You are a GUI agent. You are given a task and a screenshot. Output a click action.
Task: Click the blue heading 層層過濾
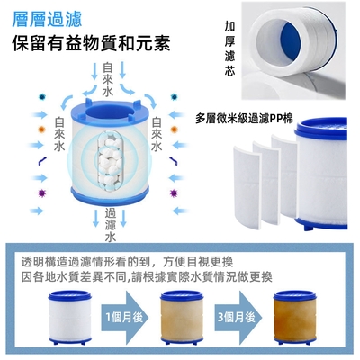click(47, 19)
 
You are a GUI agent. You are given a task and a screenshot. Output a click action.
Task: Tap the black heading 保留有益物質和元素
click(91, 43)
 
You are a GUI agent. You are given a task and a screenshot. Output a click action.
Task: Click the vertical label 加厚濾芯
click(229, 48)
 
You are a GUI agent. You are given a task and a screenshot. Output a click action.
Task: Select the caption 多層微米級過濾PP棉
click(244, 119)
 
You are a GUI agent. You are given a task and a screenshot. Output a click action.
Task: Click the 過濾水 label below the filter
click(111, 225)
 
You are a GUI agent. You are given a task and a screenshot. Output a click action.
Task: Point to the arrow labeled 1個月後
click(125, 317)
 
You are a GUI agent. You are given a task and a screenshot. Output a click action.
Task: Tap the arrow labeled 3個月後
click(238, 317)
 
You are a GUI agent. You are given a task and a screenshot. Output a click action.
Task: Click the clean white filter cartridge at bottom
click(70, 317)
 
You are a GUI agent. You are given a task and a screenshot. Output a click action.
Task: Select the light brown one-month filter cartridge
click(182, 317)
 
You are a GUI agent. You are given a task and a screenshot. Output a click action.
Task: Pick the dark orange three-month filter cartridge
click(295, 317)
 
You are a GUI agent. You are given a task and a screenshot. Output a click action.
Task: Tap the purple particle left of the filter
click(41, 193)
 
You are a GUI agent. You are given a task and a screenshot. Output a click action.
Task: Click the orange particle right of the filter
click(174, 130)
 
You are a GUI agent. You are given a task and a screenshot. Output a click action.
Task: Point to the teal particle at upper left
click(41, 96)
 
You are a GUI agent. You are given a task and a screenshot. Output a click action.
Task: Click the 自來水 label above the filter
click(108, 79)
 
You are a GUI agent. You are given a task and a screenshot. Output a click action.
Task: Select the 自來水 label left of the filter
click(59, 134)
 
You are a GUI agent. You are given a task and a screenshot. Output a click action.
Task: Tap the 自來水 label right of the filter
click(157, 134)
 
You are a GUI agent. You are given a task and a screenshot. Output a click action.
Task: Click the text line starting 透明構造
click(127, 262)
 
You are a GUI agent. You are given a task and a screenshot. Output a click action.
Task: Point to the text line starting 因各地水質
click(147, 276)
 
